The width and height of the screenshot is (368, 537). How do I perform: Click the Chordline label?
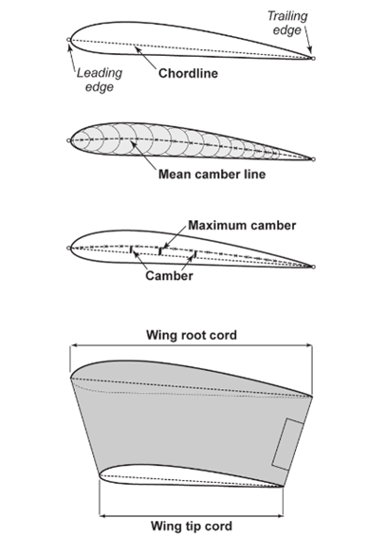pos(188,73)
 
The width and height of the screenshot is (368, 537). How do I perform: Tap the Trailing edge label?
pos(287,23)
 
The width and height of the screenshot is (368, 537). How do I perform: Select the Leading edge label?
pos(100,80)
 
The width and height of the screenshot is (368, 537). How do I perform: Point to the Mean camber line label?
pos(212,175)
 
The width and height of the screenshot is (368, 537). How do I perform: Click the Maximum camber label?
pos(242,226)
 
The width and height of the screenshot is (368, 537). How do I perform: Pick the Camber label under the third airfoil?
pos(169,276)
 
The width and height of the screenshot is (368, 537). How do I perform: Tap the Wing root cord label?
pos(192,335)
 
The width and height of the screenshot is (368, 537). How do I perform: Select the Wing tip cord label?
pos(192,526)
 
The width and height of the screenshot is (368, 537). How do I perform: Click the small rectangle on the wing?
pos(287,444)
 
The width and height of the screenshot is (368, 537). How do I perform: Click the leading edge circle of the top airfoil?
pos(69,40)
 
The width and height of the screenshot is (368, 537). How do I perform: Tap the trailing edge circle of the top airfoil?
pos(313,58)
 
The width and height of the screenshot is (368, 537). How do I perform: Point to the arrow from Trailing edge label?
pos(308,40)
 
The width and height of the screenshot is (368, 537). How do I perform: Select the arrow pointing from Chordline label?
pos(145,57)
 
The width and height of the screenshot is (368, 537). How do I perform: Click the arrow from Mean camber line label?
pos(142,155)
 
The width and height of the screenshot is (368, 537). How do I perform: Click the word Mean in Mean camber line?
pos(174,175)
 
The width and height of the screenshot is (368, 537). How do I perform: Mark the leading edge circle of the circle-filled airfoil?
pos(69,140)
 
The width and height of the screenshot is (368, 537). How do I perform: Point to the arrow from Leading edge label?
pos(72,57)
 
